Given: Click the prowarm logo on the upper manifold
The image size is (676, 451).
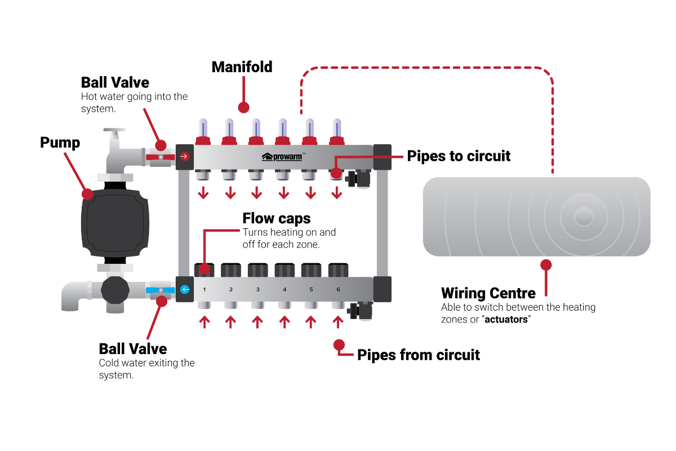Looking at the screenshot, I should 283,156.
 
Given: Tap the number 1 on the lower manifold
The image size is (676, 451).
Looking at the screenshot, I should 204,289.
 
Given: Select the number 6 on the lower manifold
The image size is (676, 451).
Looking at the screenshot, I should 338,289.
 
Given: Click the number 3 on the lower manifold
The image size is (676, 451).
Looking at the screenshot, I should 258,289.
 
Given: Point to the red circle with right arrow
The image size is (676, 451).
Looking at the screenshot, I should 184,156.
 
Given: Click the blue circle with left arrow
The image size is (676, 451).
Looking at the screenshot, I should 185,289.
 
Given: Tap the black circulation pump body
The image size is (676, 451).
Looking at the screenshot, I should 115,223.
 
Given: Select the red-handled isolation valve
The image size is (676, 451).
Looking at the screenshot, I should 160,157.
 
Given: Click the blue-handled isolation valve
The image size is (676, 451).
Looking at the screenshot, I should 160,290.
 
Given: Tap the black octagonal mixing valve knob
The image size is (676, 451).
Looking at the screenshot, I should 115,290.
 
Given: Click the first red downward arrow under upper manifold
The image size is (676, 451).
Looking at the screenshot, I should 203,193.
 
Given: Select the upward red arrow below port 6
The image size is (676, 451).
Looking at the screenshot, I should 338,321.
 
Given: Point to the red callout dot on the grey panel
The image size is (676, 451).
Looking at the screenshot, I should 546,264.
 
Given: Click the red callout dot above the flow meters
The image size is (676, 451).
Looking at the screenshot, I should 243,107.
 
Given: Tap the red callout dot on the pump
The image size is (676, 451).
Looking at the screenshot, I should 87,193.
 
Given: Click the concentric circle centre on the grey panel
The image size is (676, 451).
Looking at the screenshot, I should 584,216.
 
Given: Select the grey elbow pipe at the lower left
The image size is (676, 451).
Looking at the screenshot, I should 71,296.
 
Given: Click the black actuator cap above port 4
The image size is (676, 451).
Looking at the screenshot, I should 284,271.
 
